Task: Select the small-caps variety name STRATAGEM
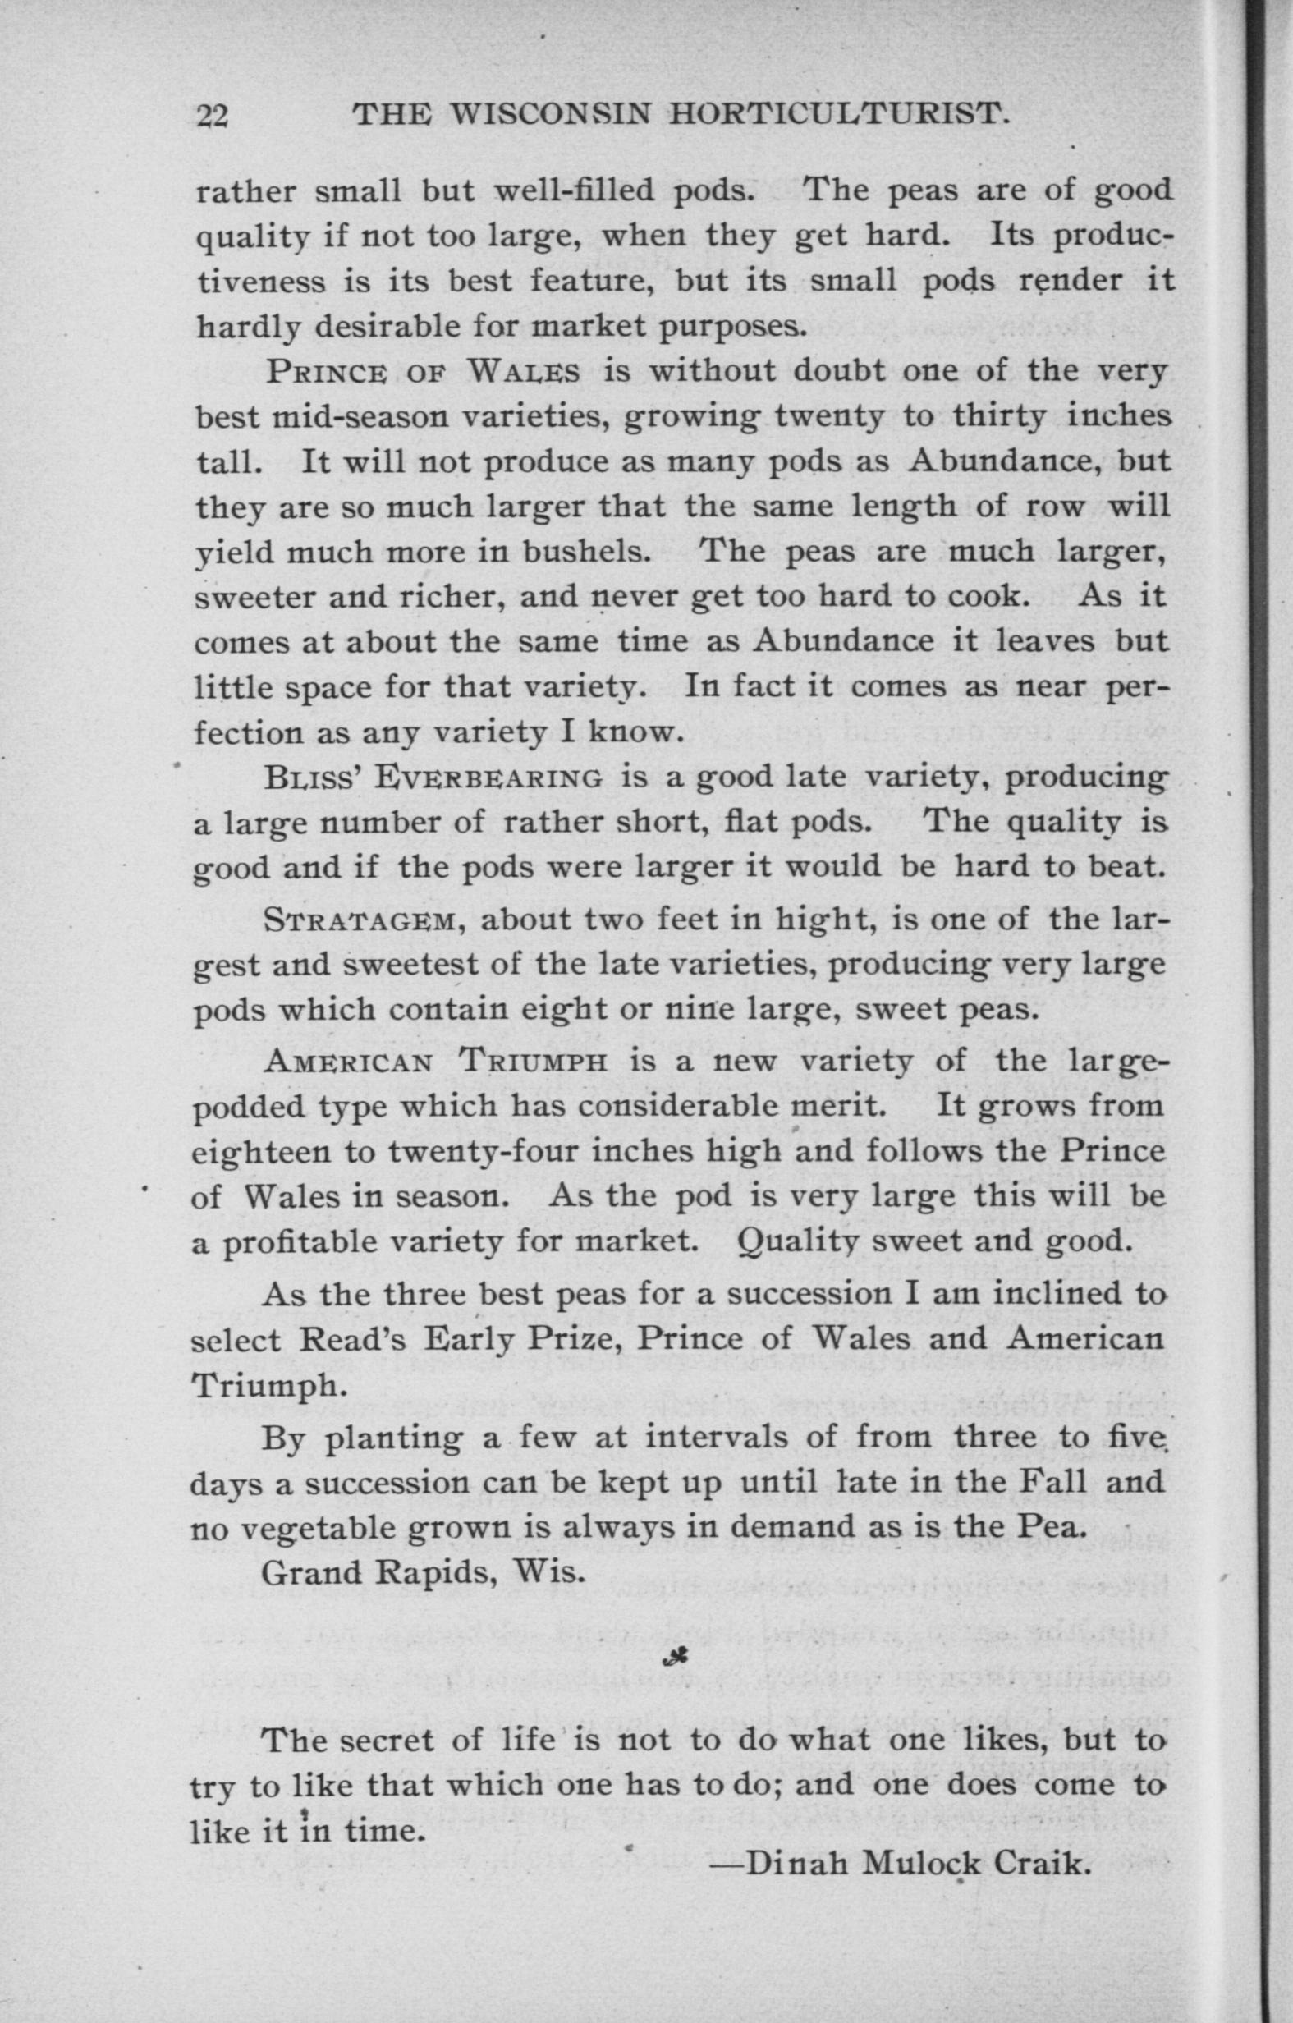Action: (360, 920)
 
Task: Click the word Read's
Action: (353, 1338)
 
